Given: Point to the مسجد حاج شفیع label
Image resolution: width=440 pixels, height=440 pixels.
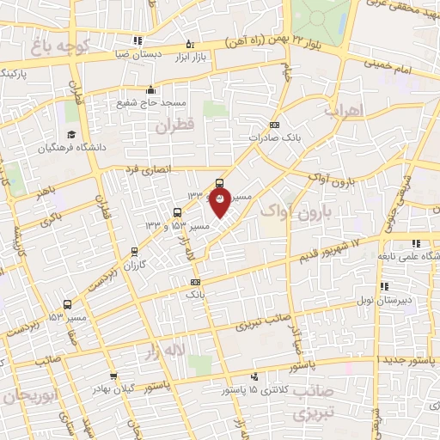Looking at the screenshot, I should (x=152, y=102).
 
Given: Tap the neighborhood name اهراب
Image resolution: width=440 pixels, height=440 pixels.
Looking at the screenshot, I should (x=345, y=111).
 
